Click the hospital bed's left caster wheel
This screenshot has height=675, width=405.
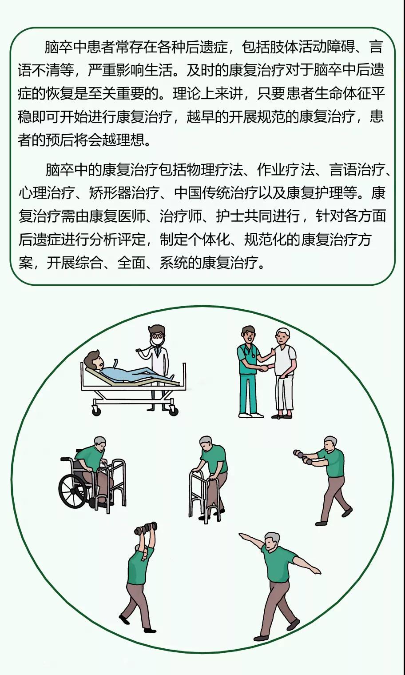[x=96, y=411]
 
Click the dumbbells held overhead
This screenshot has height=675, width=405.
[x=146, y=527]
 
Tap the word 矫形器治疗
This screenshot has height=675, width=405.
[x=124, y=193]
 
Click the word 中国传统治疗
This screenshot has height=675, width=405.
[x=215, y=193]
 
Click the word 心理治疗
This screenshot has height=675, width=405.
[x=46, y=193]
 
